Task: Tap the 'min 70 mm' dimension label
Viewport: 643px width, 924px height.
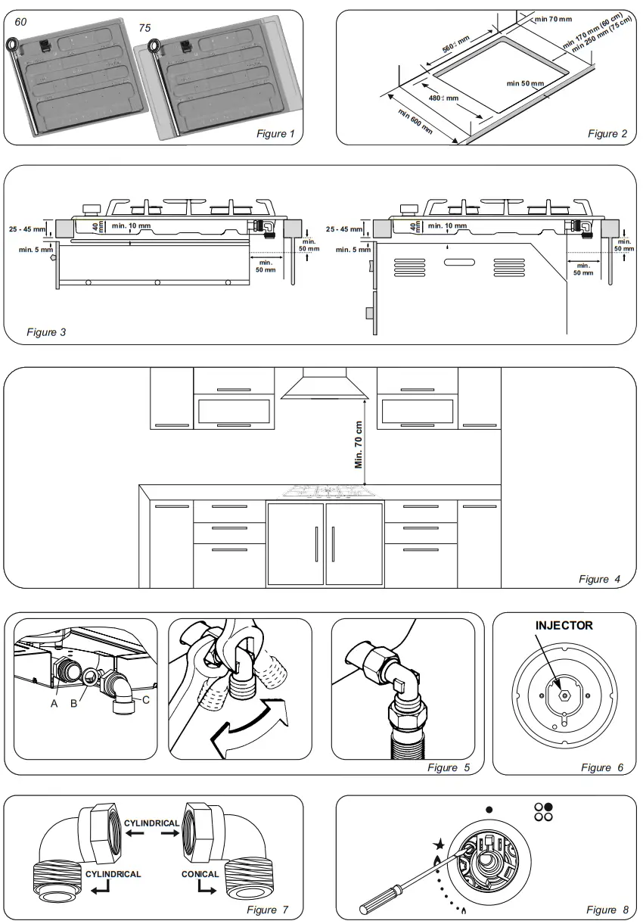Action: (x=553, y=19)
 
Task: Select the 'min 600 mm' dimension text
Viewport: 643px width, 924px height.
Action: (x=415, y=121)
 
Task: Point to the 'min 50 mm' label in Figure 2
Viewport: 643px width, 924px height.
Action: (x=525, y=83)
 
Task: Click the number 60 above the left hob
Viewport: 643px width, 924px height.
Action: (x=20, y=22)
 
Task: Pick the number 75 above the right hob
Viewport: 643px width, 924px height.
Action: (x=144, y=28)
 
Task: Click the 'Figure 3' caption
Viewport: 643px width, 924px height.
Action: (x=46, y=332)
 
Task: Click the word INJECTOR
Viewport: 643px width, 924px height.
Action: (x=564, y=626)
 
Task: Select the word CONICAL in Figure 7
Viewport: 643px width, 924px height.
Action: (x=200, y=874)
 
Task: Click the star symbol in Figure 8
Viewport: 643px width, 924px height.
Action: (x=439, y=845)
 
